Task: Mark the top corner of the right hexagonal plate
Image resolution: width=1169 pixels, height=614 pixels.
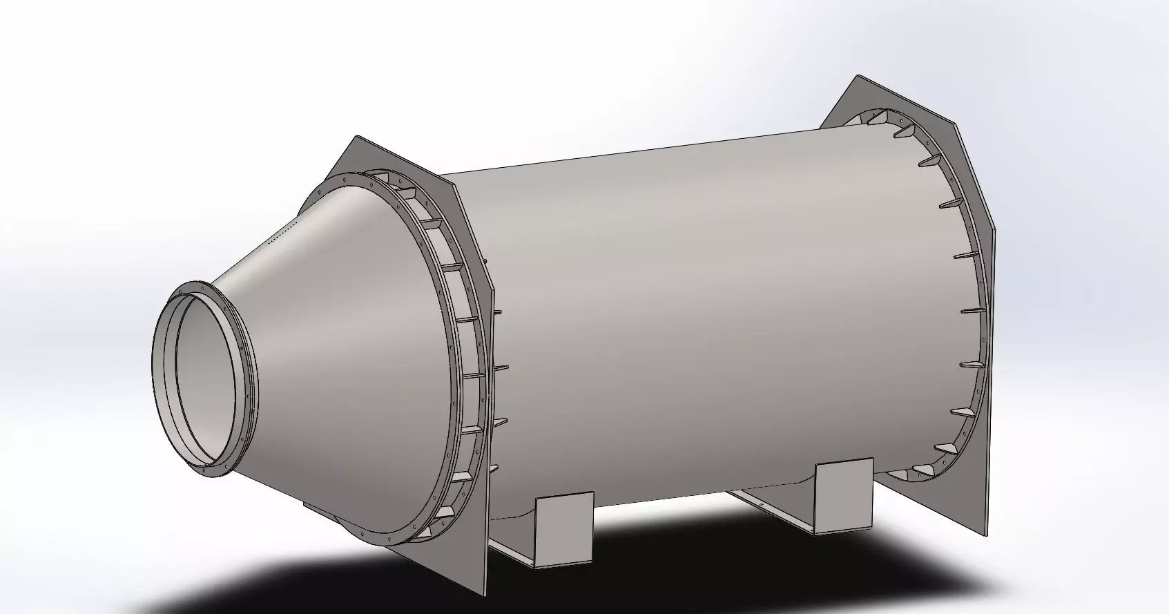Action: click(x=858, y=76)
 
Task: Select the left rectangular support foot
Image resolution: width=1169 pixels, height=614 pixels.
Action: click(x=564, y=528)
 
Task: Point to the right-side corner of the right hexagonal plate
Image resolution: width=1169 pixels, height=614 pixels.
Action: click(x=995, y=228)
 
